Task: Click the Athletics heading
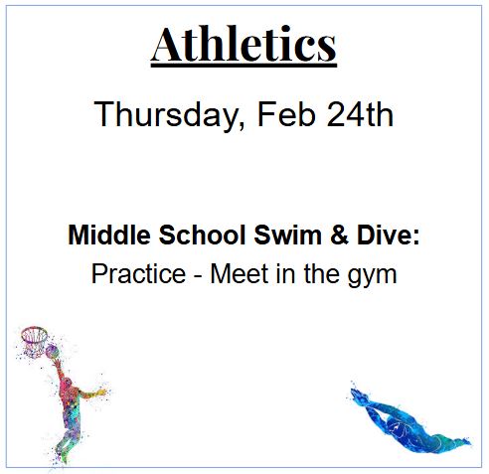[x=244, y=44]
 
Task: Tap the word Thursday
[x=165, y=115]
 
